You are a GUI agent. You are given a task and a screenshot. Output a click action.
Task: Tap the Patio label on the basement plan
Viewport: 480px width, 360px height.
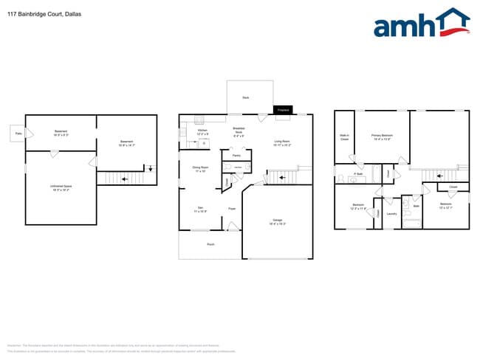(16, 133)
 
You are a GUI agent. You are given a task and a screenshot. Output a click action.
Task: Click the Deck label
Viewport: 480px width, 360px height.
(245, 97)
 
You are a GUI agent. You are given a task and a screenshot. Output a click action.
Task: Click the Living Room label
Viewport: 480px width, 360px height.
(282, 142)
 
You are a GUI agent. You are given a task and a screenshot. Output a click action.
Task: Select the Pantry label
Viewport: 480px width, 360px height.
(236, 156)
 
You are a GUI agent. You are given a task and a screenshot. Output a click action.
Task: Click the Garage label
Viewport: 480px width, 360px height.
(278, 221)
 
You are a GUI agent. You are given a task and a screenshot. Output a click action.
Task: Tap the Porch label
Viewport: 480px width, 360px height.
(210, 243)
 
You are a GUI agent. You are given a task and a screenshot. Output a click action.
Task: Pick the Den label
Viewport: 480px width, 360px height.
(199, 210)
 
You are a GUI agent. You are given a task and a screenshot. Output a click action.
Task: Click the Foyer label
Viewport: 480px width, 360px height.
(231, 209)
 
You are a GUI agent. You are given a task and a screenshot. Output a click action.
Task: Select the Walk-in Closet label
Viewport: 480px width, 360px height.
(344, 136)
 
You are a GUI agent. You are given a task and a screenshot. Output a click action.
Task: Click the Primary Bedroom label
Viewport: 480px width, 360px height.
(381, 136)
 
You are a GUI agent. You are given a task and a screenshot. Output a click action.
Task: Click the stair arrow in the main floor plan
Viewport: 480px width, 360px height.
(281, 178)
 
